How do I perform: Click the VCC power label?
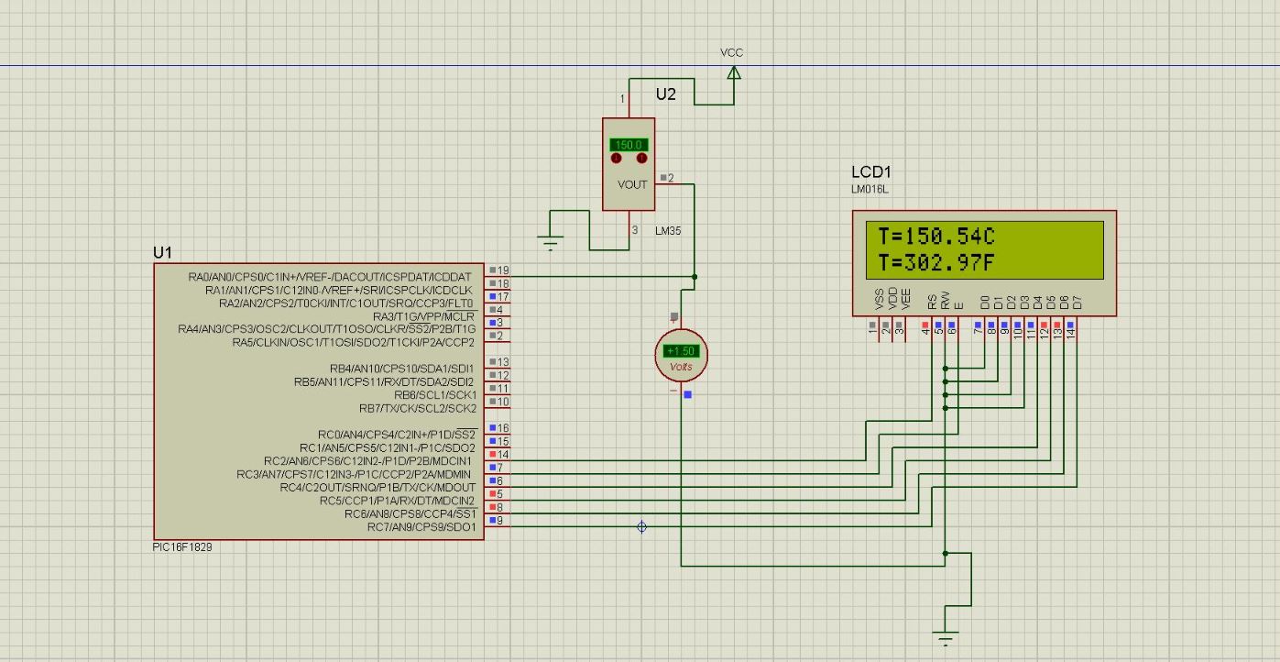coord(731,52)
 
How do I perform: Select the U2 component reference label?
coord(666,94)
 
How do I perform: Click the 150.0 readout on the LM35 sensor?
coord(629,145)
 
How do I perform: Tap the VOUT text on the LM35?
coord(632,184)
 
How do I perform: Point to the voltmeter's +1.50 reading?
coord(682,351)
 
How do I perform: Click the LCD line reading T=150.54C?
coord(935,237)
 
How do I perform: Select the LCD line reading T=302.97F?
coord(935,264)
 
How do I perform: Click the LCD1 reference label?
coord(871,172)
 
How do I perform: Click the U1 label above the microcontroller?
coord(162,252)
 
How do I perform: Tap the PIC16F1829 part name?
coord(183,546)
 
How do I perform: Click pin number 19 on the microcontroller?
coord(503,270)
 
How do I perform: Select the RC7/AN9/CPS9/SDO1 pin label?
coord(421,527)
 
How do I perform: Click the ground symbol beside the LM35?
coord(551,244)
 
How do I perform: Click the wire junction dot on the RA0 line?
coord(695,276)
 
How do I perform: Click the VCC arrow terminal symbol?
coord(733,72)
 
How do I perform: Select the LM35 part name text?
coord(668,231)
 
